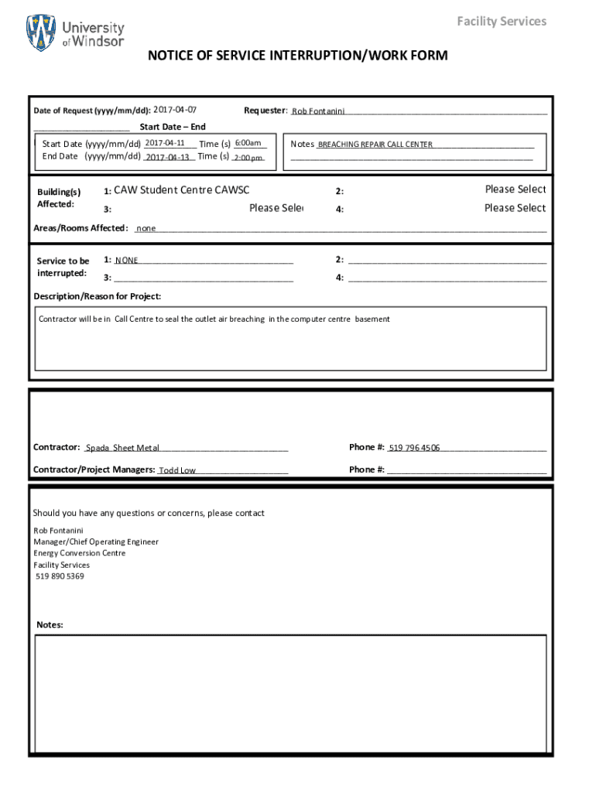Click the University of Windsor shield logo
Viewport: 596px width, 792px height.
[41, 33]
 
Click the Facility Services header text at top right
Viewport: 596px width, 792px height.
[501, 21]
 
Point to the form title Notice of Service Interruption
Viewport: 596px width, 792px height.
[298, 56]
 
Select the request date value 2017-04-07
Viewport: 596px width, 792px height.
[175, 110]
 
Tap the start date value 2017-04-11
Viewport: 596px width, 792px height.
[164, 143]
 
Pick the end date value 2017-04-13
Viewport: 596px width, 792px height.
[168, 157]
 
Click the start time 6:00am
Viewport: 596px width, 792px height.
[248, 143]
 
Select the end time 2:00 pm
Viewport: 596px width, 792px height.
[248, 158]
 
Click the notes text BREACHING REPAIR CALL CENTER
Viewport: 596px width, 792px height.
[375, 145]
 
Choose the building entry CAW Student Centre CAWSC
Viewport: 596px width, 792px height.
[182, 189]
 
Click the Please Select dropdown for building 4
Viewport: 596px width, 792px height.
[515, 207]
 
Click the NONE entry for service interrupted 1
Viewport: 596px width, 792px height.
[127, 261]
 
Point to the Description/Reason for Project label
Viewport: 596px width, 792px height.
[98, 296]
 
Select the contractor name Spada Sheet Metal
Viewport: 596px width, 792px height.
[122, 448]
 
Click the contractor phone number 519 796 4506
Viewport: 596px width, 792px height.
[414, 448]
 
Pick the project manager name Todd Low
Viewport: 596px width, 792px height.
[177, 470]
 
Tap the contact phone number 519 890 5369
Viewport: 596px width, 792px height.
[60, 576]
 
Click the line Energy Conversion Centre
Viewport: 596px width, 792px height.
[79, 553]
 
